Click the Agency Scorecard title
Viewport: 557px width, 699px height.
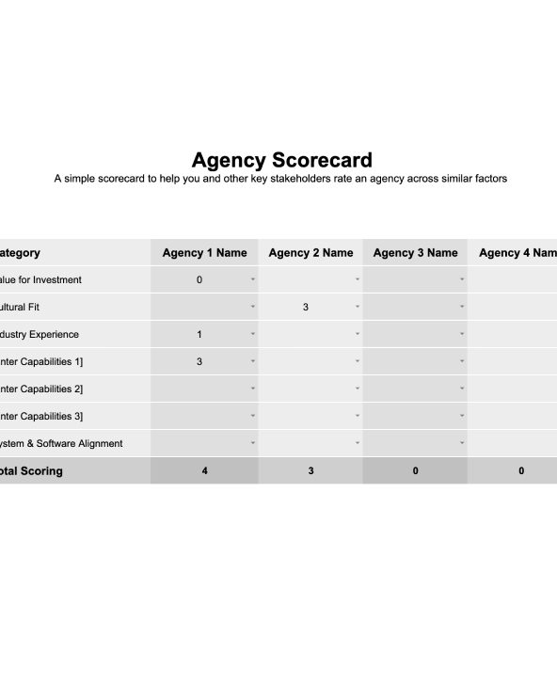(x=281, y=159)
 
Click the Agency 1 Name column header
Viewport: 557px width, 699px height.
(x=204, y=252)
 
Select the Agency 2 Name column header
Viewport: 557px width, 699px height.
(x=310, y=252)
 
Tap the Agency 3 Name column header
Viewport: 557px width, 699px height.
(x=415, y=252)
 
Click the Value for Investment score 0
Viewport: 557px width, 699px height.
(x=199, y=279)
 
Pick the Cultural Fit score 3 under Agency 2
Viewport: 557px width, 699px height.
(x=306, y=307)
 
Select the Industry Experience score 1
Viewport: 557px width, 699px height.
(x=199, y=334)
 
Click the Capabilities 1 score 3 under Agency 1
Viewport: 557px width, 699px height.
(x=199, y=361)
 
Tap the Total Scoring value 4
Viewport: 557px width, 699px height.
(x=204, y=470)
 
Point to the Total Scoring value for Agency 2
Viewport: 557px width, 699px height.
(x=310, y=470)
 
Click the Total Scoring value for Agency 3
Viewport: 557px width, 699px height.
(x=415, y=470)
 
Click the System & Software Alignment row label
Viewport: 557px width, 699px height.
(x=61, y=443)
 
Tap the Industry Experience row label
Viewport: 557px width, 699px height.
(x=40, y=334)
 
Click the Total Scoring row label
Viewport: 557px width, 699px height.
(x=31, y=470)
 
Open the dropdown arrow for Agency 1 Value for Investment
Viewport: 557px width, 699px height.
(x=252, y=279)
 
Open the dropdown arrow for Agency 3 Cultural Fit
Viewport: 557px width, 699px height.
(x=462, y=307)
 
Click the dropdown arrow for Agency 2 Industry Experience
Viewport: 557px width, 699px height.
(x=358, y=334)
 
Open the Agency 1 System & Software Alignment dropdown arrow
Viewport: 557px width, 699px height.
(x=252, y=443)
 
